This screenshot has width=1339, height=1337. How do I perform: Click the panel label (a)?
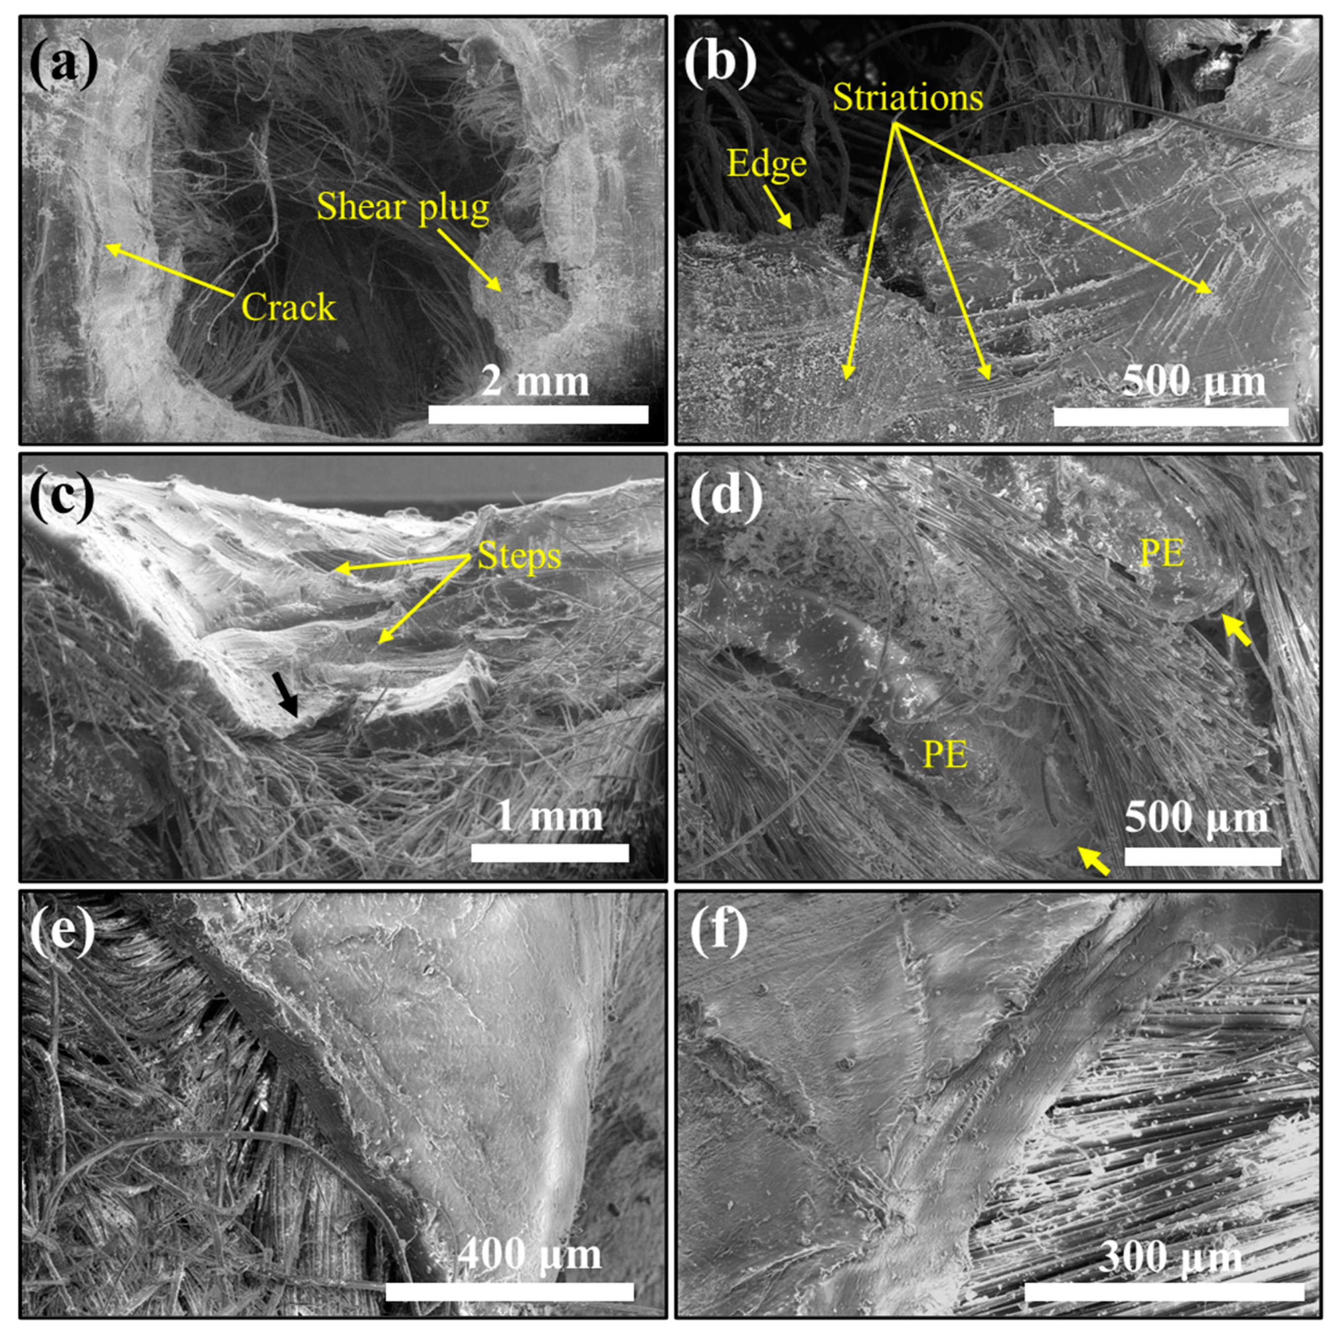(x=64, y=66)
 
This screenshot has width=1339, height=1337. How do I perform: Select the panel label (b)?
(x=721, y=66)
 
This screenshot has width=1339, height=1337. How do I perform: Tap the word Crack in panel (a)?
(x=289, y=306)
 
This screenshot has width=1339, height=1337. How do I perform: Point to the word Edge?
(x=766, y=164)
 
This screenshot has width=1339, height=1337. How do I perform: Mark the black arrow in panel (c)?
(x=286, y=695)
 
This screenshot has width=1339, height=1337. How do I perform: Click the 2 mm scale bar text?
(x=535, y=382)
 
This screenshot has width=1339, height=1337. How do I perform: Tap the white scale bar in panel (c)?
(x=549, y=852)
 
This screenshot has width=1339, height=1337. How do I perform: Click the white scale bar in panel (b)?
(x=1171, y=417)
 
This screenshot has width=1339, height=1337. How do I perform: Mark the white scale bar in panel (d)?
(x=1203, y=856)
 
